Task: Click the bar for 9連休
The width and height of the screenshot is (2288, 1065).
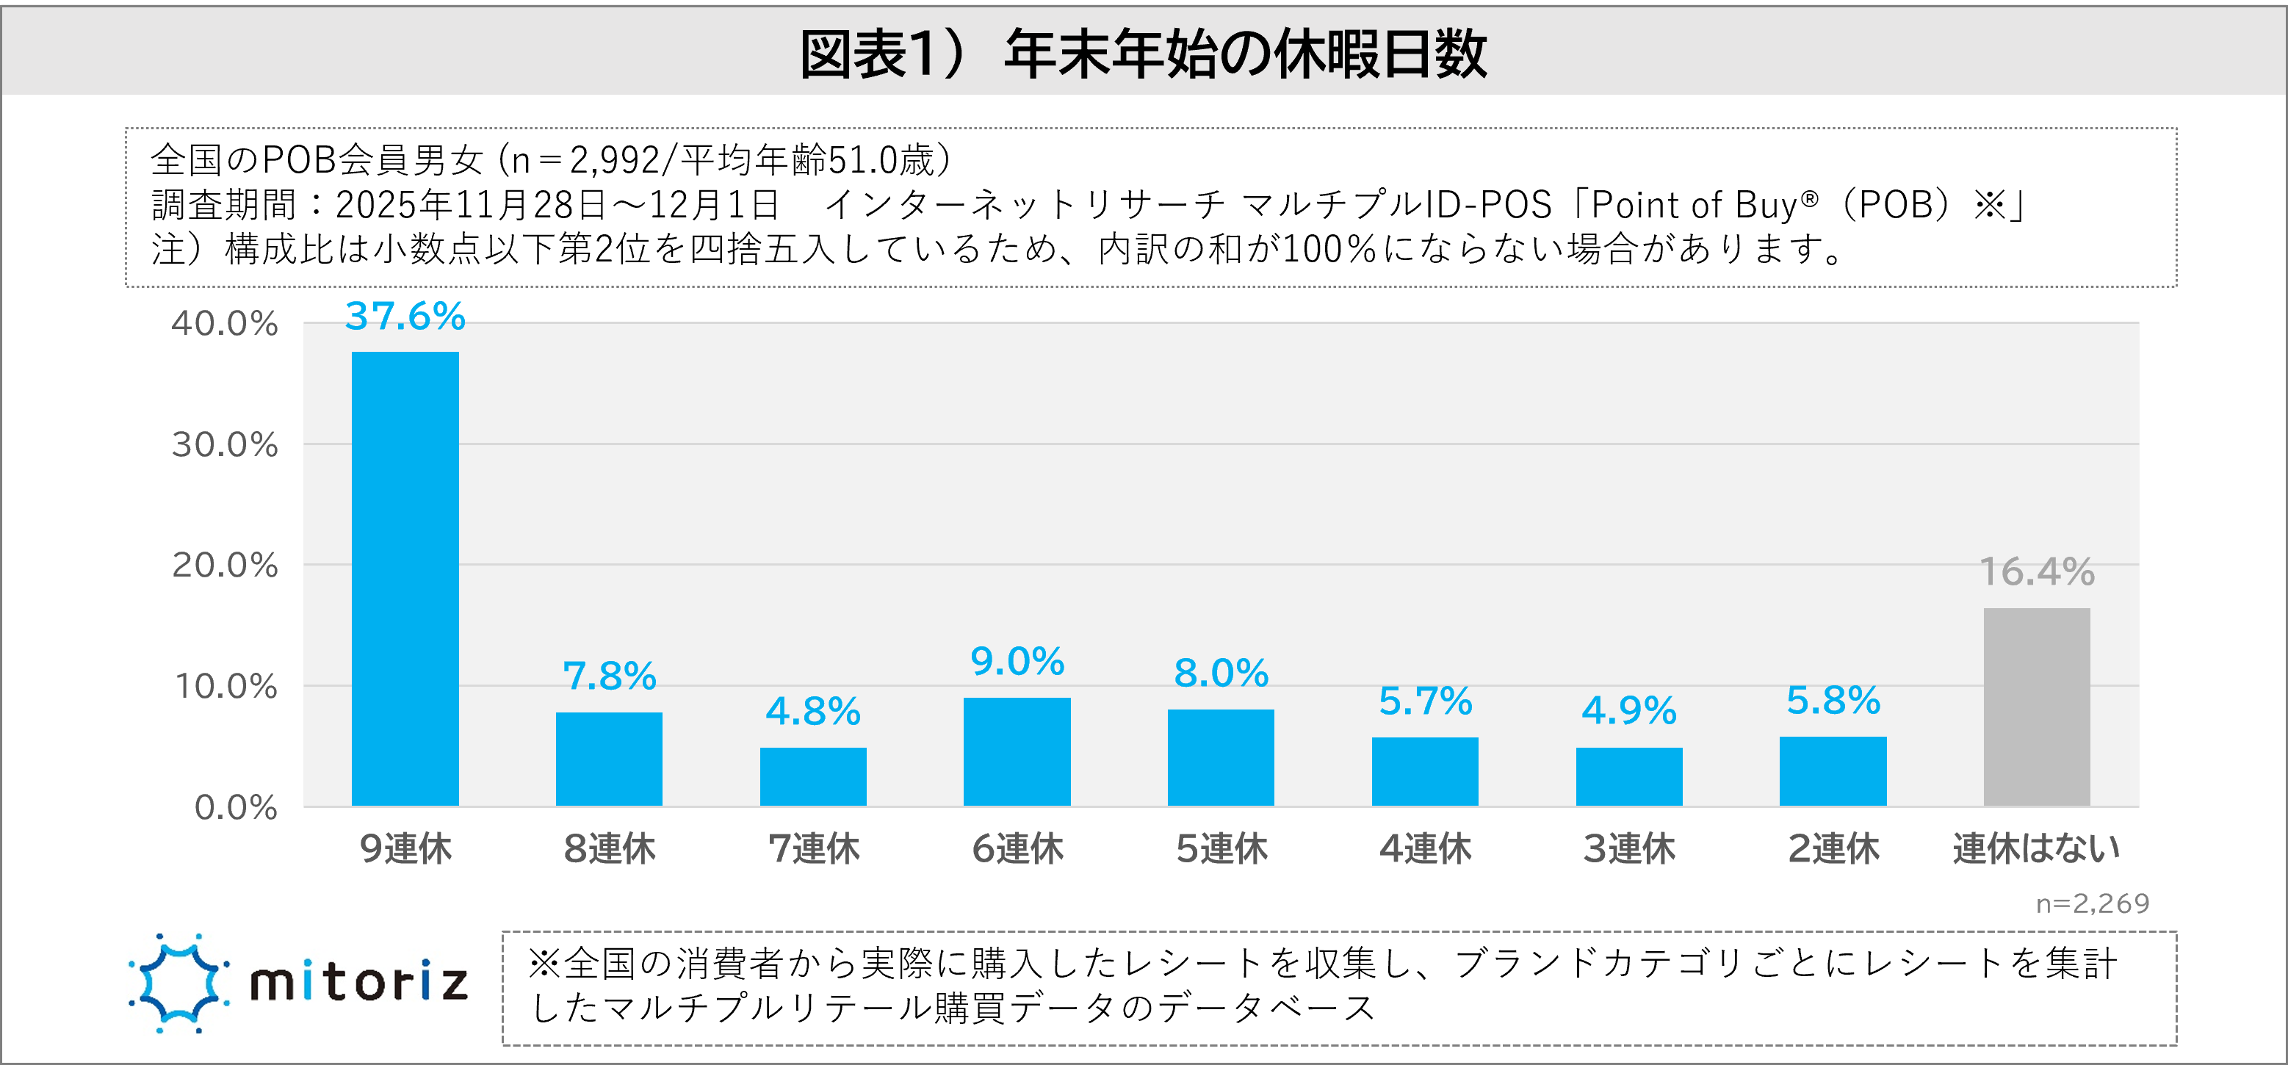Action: (405, 578)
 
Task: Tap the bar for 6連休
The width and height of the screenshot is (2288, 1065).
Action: (1017, 751)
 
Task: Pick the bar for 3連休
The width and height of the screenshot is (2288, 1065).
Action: (1629, 776)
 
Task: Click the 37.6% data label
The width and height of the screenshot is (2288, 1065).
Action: (405, 317)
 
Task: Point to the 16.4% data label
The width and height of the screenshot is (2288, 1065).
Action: (2037, 572)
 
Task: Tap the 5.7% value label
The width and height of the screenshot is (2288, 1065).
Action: (1425, 701)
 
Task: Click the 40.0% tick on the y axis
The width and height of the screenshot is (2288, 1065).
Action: (225, 323)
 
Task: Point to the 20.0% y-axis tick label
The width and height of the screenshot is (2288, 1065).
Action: (225, 565)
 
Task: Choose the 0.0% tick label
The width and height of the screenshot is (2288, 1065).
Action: (235, 807)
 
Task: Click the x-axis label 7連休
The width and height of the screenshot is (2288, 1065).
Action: (814, 849)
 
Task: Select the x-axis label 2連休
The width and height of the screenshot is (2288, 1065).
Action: (1833, 849)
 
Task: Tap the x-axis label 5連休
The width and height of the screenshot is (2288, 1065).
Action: (1221, 849)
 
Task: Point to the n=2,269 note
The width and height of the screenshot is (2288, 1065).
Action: (2092, 903)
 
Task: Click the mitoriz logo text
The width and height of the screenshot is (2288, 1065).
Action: (359, 983)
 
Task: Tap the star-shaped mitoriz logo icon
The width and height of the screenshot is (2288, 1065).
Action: (178, 983)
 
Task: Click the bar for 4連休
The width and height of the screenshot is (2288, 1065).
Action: (1425, 771)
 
